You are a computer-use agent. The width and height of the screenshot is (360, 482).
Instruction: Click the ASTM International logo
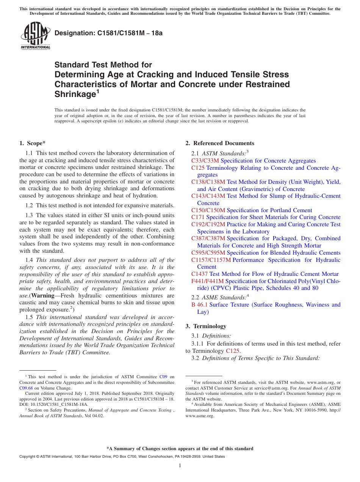[35, 35]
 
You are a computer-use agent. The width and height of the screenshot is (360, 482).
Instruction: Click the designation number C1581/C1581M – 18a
[108, 33]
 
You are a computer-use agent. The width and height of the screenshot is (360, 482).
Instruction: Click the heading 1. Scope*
[32, 143]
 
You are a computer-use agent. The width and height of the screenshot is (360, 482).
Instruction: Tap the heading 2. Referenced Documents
[220, 143]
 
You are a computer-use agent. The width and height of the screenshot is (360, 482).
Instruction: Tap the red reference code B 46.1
[199, 305]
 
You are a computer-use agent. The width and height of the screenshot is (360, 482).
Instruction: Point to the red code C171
[198, 217]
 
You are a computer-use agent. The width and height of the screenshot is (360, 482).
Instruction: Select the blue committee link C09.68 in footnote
[26, 388]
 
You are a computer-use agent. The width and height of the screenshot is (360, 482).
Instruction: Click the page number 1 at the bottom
[180, 465]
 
